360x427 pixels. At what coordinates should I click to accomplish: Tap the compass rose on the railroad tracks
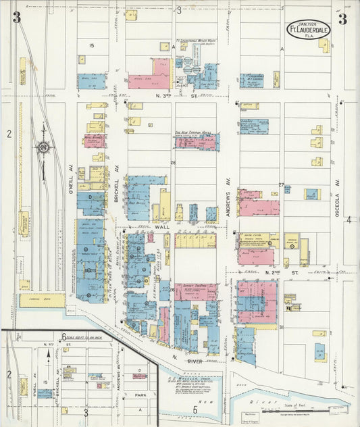click(x=44, y=146)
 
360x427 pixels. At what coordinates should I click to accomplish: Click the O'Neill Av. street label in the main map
click(x=70, y=179)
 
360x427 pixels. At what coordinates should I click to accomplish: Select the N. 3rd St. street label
click(x=172, y=97)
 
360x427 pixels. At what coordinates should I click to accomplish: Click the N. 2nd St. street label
click(x=272, y=272)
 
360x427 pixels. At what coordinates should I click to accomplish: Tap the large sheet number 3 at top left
click(x=16, y=18)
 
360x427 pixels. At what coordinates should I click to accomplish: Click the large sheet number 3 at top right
click(x=342, y=18)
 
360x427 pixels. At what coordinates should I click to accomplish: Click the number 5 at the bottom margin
click(x=196, y=409)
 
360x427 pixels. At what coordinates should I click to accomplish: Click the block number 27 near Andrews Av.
click(x=282, y=184)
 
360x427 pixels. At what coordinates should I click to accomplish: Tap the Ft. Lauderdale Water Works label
click(x=197, y=41)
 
